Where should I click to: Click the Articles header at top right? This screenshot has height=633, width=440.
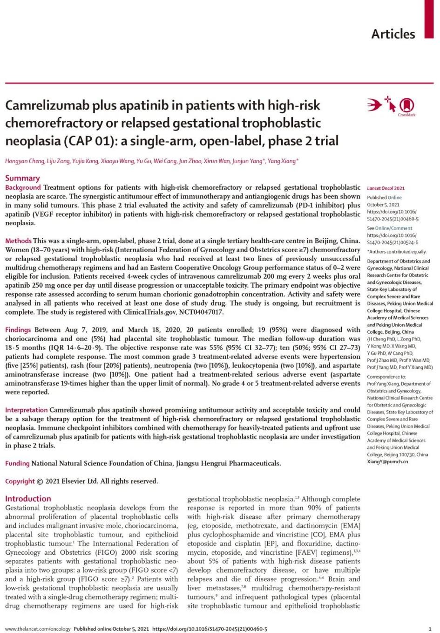393,34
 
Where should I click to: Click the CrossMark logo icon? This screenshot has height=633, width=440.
406,105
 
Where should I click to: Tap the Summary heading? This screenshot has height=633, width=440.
22,178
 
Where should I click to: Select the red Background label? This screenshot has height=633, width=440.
23,187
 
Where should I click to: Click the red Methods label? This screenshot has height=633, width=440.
18,241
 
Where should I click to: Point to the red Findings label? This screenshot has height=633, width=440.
18,330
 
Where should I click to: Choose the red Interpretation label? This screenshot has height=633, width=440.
27,410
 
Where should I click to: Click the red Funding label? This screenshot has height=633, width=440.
17,463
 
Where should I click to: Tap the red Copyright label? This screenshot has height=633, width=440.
20,481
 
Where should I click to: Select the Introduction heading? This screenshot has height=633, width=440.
28,498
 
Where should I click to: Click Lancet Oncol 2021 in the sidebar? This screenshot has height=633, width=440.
386,188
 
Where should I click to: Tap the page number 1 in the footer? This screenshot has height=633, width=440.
429,628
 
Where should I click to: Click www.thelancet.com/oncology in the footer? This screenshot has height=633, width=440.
38,628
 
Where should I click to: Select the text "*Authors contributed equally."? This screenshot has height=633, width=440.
396,252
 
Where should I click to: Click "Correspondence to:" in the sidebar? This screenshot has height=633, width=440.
386,377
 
